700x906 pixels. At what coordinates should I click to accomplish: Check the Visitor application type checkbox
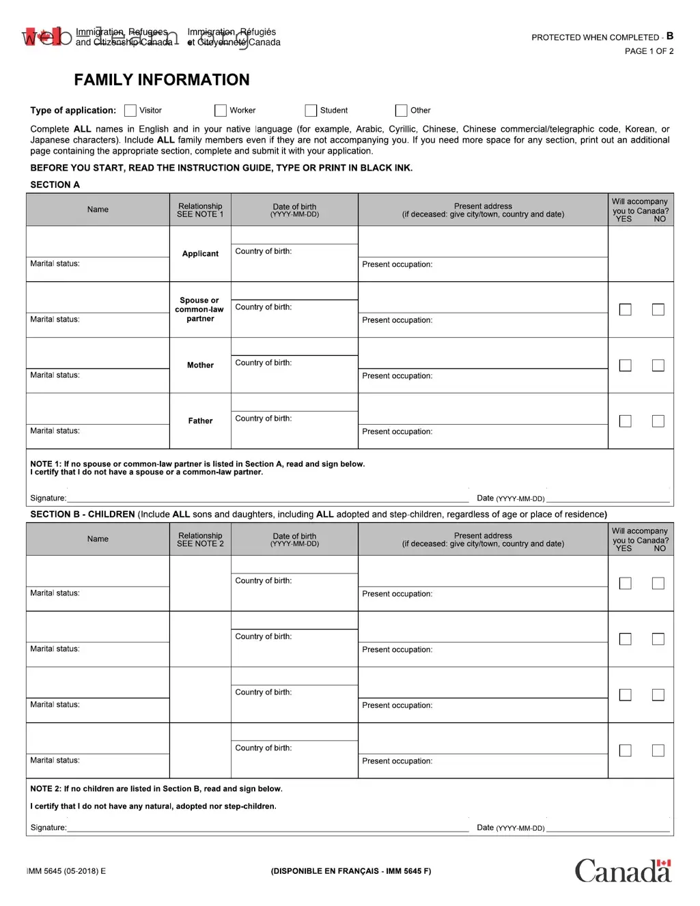pyautogui.click(x=130, y=111)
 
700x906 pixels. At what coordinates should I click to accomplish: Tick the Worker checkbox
pyautogui.click(x=221, y=111)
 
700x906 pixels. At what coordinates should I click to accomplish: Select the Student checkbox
pyautogui.click(x=311, y=111)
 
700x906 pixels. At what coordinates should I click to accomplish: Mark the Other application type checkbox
pyautogui.click(x=401, y=111)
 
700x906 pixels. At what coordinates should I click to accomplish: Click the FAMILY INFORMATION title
pyautogui.click(x=162, y=80)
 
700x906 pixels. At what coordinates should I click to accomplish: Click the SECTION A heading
pyautogui.click(x=55, y=184)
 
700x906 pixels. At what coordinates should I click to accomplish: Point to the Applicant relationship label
pyautogui.click(x=200, y=254)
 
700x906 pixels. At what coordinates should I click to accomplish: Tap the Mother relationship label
pyautogui.click(x=200, y=365)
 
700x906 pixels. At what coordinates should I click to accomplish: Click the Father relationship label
pyautogui.click(x=200, y=421)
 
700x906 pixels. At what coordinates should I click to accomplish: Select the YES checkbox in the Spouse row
pyautogui.click(x=625, y=310)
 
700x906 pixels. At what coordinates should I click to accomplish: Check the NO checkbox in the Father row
pyautogui.click(x=658, y=421)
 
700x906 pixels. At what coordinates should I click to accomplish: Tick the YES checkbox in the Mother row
pyautogui.click(x=625, y=366)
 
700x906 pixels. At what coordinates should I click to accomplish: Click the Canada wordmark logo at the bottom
pyautogui.click(x=623, y=871)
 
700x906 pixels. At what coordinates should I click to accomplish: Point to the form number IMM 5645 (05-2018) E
pyautogui.click(x=66, y=871)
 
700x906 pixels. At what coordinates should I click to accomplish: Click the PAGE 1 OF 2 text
pyautogui.click(x=649, y=51)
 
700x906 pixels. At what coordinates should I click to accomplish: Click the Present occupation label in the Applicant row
pyautogui.click(x=397, y=265)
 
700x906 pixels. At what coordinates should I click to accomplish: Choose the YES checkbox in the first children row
pyautogui.click(x=625, y=584)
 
